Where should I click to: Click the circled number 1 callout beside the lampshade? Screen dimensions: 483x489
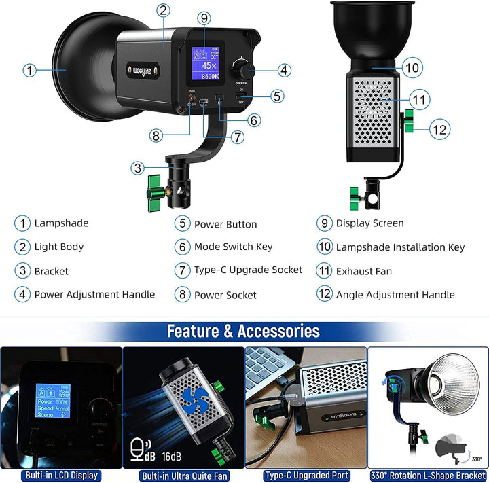[29, 69]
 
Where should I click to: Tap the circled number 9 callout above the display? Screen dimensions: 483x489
[204, 18]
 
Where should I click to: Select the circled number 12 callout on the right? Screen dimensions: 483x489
[441, 128]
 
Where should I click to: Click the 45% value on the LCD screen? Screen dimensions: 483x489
[210, 66]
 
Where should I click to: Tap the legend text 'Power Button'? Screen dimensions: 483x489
[225, 224]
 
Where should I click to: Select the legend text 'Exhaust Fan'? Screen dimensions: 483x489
[363, 271]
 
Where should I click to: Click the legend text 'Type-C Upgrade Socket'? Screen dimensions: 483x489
[248, 270]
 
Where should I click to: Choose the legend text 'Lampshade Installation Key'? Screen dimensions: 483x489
[400, 247]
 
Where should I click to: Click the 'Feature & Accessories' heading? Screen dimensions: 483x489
[243, 332]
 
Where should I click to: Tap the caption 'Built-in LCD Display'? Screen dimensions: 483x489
[61, 476]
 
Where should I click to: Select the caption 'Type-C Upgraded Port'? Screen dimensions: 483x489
[306, 476]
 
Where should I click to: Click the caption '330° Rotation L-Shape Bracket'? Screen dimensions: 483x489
[428, 476]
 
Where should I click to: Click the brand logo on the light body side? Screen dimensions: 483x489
[141, 68]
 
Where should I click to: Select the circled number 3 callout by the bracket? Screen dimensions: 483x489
[138, 167]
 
